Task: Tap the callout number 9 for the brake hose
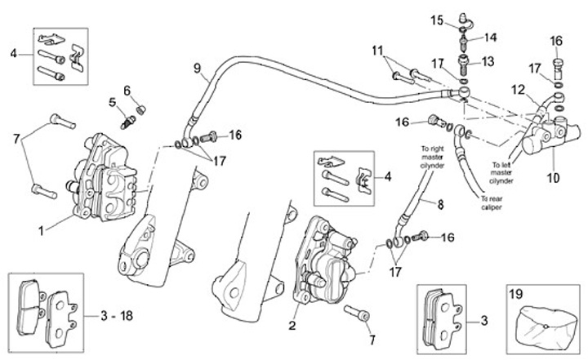pyautogui.click(x=196, y=69)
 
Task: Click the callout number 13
pyautogui.click(x=488, y=61)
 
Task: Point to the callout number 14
pyautogui.click(x=490, y=38)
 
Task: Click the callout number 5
pyautogui.click(x=112, y=103)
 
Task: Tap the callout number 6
pyautogui.click(x=128, y=89)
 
